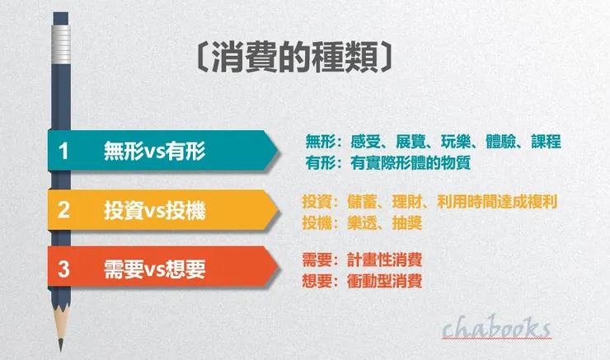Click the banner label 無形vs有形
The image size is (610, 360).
pyautogui.click(x=155, y=151)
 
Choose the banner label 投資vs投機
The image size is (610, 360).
pyautogui.click(x=155, y=210)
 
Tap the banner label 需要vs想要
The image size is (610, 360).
pyautogui.click(x=155, y=268)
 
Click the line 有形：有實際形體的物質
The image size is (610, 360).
pyautogui.click(x=387, y=162)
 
